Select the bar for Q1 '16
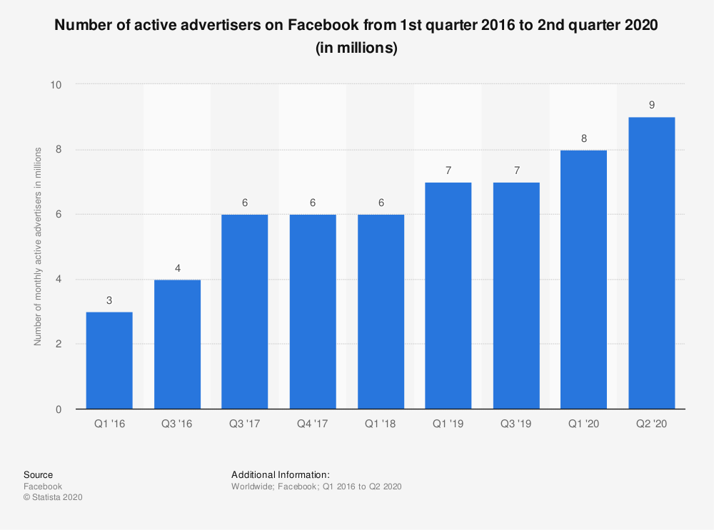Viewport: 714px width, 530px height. tap(109, 360)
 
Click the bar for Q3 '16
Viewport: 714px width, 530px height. tap(177, 345)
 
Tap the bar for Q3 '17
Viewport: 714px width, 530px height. tap(245, 312)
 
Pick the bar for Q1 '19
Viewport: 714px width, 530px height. tap(448, 295)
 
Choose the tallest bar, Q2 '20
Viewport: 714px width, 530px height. tap(651, 263)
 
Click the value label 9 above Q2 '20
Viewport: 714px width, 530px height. tap(651, 105)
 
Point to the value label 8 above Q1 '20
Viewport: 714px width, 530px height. tap(584, 138)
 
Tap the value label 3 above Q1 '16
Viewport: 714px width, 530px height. tap(109, 300)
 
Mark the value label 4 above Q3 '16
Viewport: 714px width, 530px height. tap(177, 267)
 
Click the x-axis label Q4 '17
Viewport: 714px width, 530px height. tap(312, 424)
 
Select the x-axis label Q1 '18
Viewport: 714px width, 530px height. tap(380, 424)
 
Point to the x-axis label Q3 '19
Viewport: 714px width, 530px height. tap(516, 424)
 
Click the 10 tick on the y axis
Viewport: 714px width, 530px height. tap(56, 85)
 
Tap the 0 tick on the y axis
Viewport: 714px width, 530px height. tap(59, 409)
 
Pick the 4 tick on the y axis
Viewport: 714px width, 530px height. tap(59, 280)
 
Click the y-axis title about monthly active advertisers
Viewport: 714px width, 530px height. tap(38, 246)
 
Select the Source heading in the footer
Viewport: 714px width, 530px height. tap(38, 474)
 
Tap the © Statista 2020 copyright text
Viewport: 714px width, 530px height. tap(53, 497)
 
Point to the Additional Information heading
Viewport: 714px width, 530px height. tap(281, 474)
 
